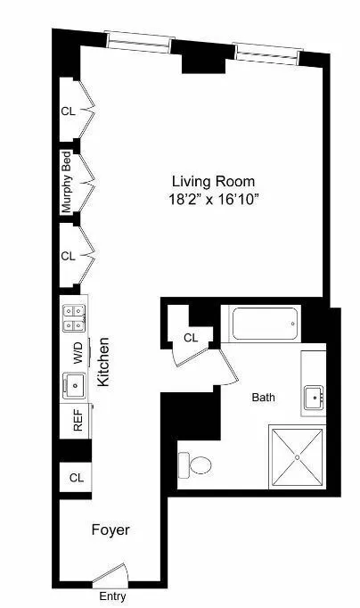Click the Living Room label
[x=207, y=181]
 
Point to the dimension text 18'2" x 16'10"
[x=207, y=200]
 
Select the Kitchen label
[x=103, y=361]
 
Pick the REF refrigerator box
[x=77, y=421]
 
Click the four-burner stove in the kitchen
[x=75, y=316]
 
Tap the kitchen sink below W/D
[x=74, y=386]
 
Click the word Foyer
[x=110, y=530]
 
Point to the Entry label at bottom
[x=111, y=596]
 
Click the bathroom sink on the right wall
[x=314, y=397]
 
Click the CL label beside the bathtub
[x=191, y=338]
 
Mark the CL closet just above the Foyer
[x=76, y=478]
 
